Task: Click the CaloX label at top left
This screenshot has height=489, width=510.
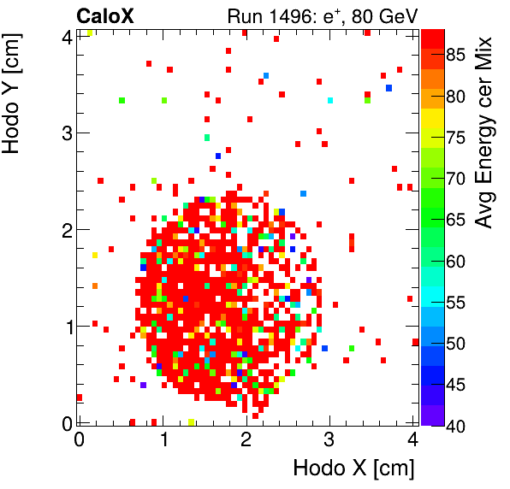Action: pos(105,15)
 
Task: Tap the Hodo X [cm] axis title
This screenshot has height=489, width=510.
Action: pos(353,468)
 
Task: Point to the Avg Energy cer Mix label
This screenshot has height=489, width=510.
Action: pos(485,133)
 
